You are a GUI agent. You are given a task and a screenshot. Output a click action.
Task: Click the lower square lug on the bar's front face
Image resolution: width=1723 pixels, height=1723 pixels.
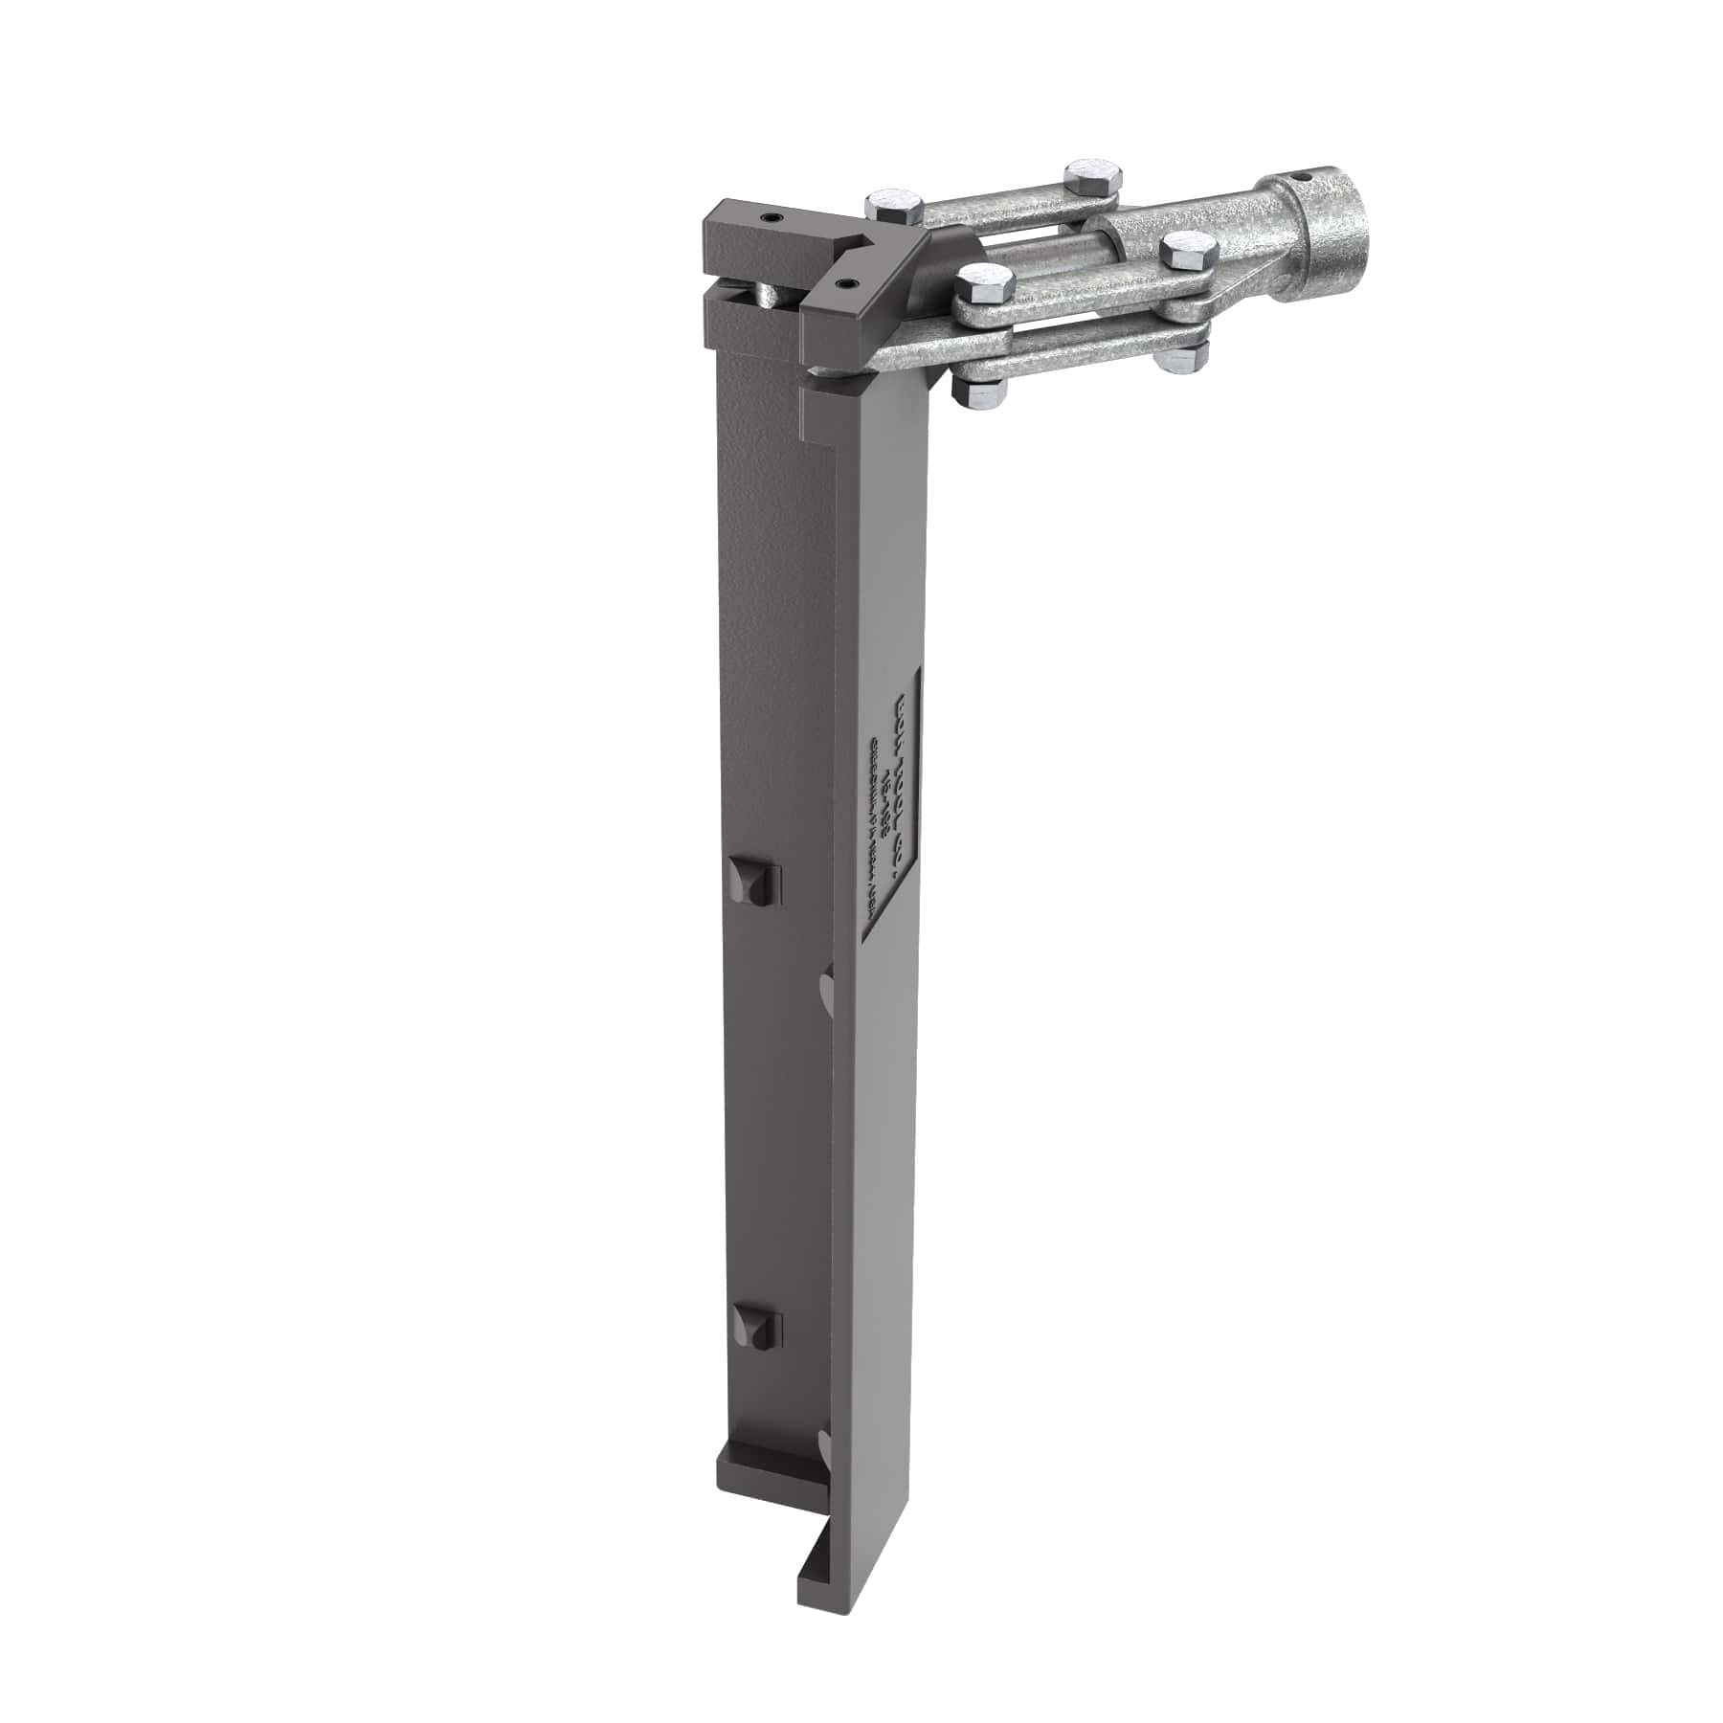757,1326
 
